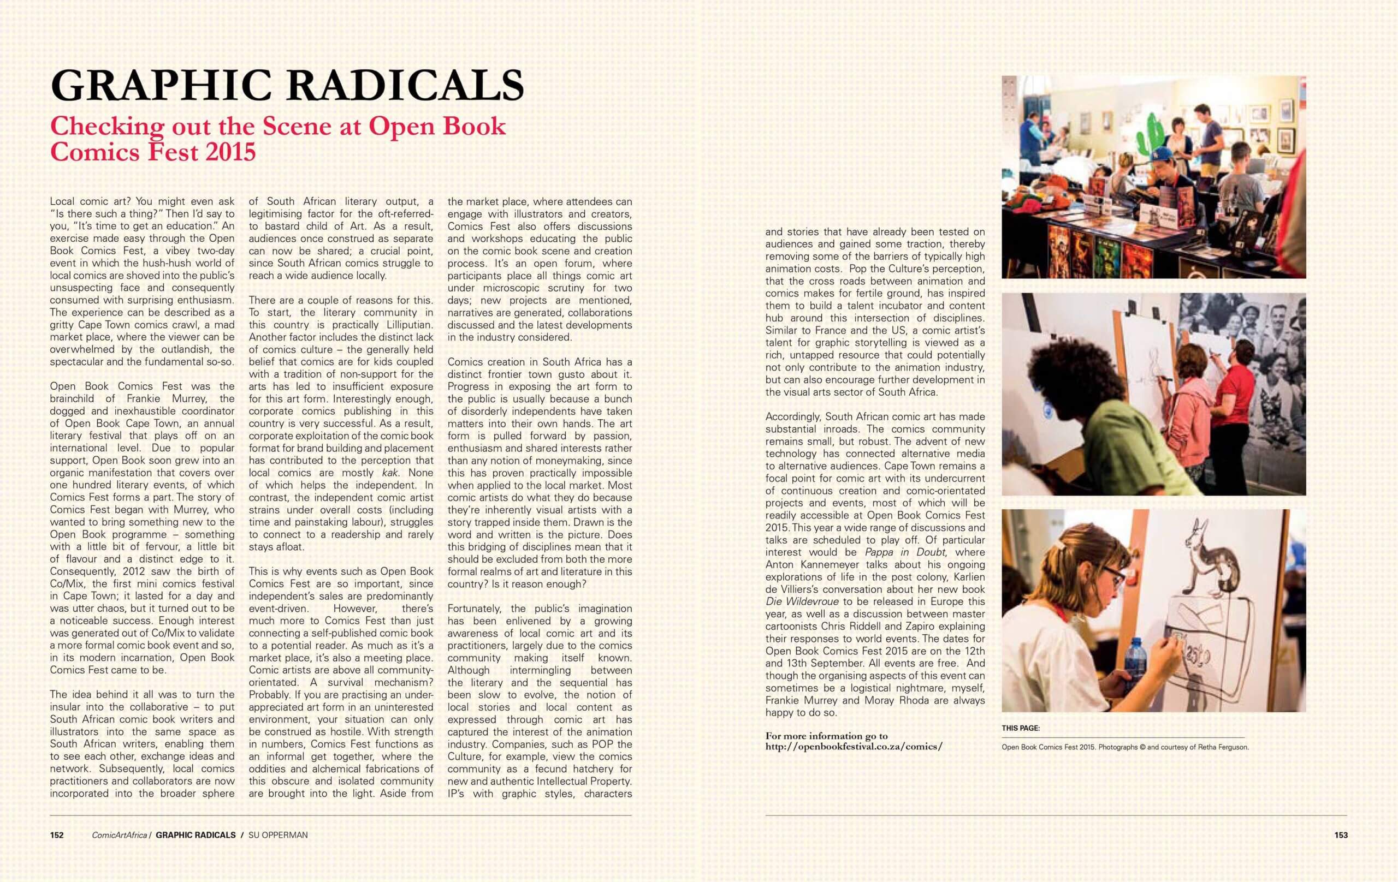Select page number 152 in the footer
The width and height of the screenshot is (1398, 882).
pyautogui.click(x=57, y=835)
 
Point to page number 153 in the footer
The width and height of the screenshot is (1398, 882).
pyautogui.click(x=1341, y=835)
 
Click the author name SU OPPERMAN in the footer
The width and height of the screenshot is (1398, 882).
pyautogui.click(x=277, y=835)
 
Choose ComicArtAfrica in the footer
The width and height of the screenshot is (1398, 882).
pyautogui.click(x=120, y=835)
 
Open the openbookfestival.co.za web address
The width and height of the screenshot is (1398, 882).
pyautogui.click(x=854, y=747)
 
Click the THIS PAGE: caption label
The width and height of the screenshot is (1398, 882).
pyautogui.click(x=1021, y=728)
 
